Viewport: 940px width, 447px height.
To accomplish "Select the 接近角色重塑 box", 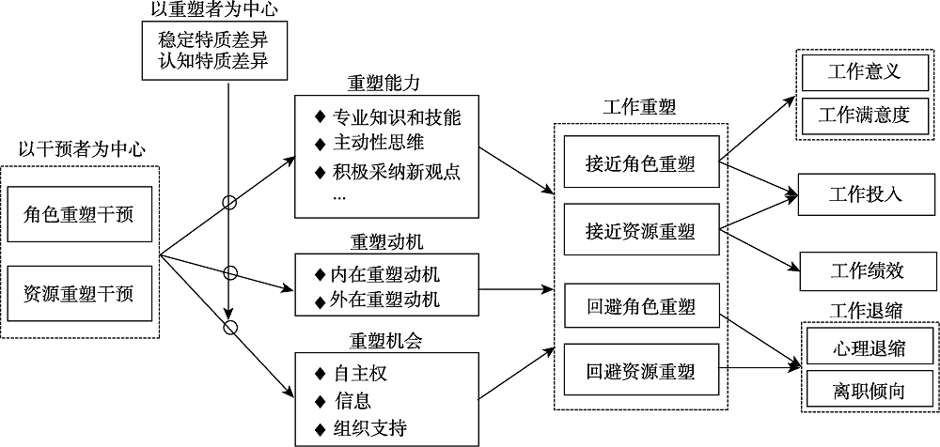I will point(639,162).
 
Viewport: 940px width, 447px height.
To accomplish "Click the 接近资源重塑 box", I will point(639,230).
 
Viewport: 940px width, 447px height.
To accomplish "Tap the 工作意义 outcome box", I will point(866,72).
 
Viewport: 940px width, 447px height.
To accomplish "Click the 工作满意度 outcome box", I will point(866,116).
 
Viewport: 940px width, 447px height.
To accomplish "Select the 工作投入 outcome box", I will point(866,194).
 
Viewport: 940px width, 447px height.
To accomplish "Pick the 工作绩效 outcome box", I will point(866,270).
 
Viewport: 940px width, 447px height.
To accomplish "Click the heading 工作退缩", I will point(867,310).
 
